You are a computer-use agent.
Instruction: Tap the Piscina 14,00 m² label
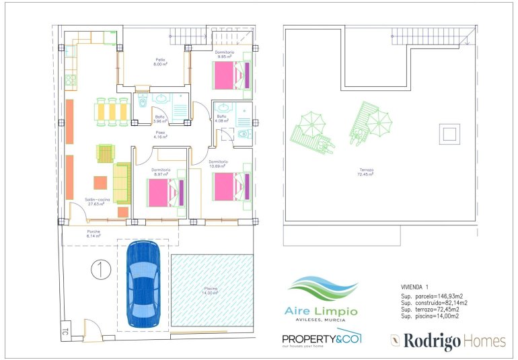coord(211,291)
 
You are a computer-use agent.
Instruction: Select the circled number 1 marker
coord(100,269)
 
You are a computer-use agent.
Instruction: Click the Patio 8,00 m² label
coord(160,62)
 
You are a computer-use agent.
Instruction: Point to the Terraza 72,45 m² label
coord(365,172)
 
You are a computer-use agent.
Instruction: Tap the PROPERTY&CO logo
coord(322,338)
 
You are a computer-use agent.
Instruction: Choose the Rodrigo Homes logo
coord(447,341)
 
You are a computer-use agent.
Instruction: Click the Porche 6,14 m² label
coord(94,233)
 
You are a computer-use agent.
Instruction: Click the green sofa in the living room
coord(122,183)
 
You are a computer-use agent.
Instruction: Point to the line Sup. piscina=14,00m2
coord(429,316)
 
